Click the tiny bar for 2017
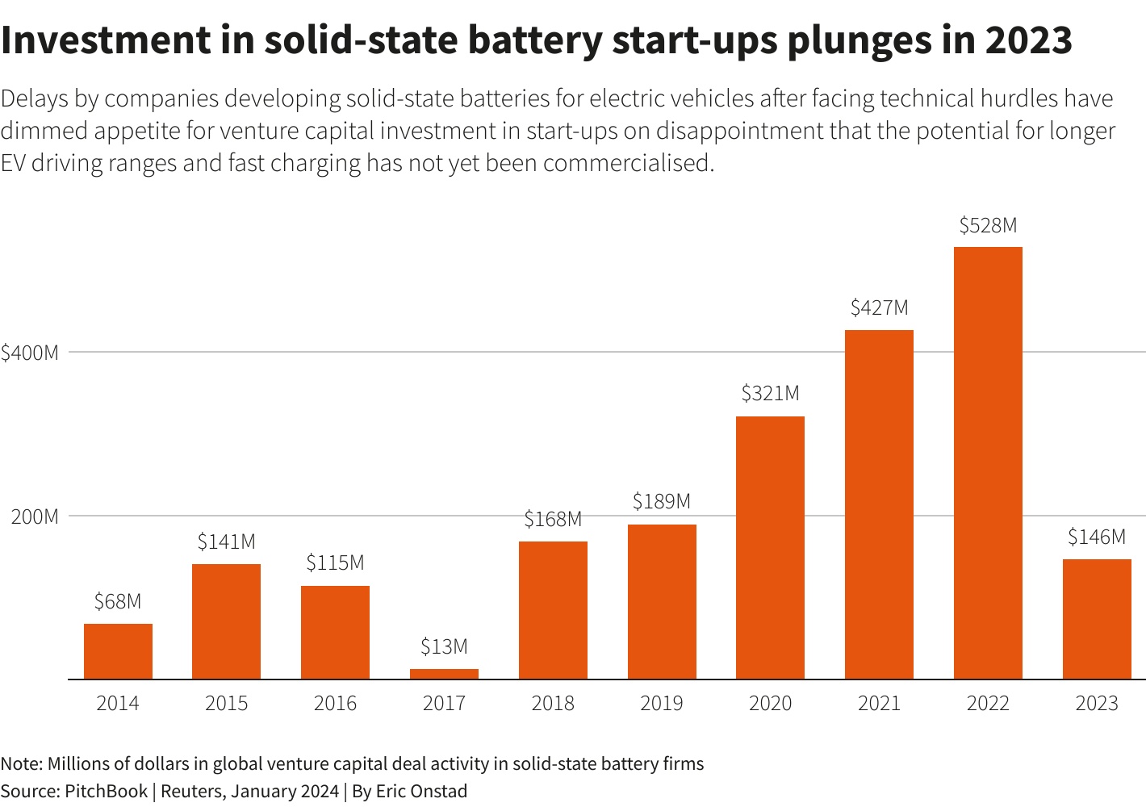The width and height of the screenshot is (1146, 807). pos(444,674)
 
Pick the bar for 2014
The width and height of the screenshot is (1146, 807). pos(118,651)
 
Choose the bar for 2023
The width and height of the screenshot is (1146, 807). pos(1097,619)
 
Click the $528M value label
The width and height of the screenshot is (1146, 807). pos(988,226)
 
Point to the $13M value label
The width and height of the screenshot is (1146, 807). pos(444,647)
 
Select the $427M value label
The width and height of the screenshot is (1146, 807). pos(879,308)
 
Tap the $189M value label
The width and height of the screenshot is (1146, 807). pos(662,502)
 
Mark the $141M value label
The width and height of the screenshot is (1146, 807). pos(226,542)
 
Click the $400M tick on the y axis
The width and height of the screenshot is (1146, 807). pos(30,353)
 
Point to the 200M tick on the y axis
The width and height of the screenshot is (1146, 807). pos(35,516)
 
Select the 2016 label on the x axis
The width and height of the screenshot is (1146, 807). pos(335,704)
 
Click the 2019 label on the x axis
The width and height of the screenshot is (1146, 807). pos(662,704)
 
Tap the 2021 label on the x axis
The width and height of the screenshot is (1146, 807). pos(879,704)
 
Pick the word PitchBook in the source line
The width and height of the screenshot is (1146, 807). pos(106,791)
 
